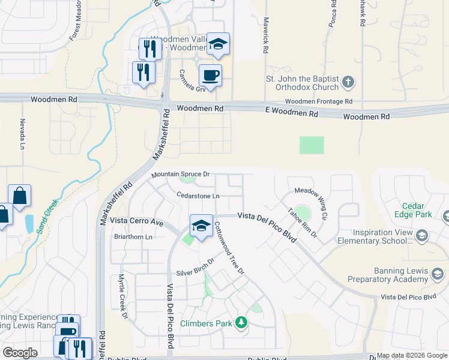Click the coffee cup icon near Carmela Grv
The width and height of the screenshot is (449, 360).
click(x=210, y=76)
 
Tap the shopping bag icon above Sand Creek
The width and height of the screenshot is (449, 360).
click(x=19, y=195)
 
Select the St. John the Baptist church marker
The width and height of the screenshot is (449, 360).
click(x=348, y=82)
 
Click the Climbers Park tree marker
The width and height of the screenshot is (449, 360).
click(x=241, y=323)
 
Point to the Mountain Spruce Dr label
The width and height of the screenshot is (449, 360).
click(x=180, y=174)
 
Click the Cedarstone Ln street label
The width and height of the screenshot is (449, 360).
click(x=198, y=195)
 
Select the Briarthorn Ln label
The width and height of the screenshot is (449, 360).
click(x=133, y=237)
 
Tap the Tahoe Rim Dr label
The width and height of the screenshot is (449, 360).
click(x=302, y=222)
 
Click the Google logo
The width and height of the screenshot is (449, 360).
click(x=20, y=352)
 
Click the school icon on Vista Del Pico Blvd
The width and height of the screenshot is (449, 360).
click(x=201, y=226)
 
